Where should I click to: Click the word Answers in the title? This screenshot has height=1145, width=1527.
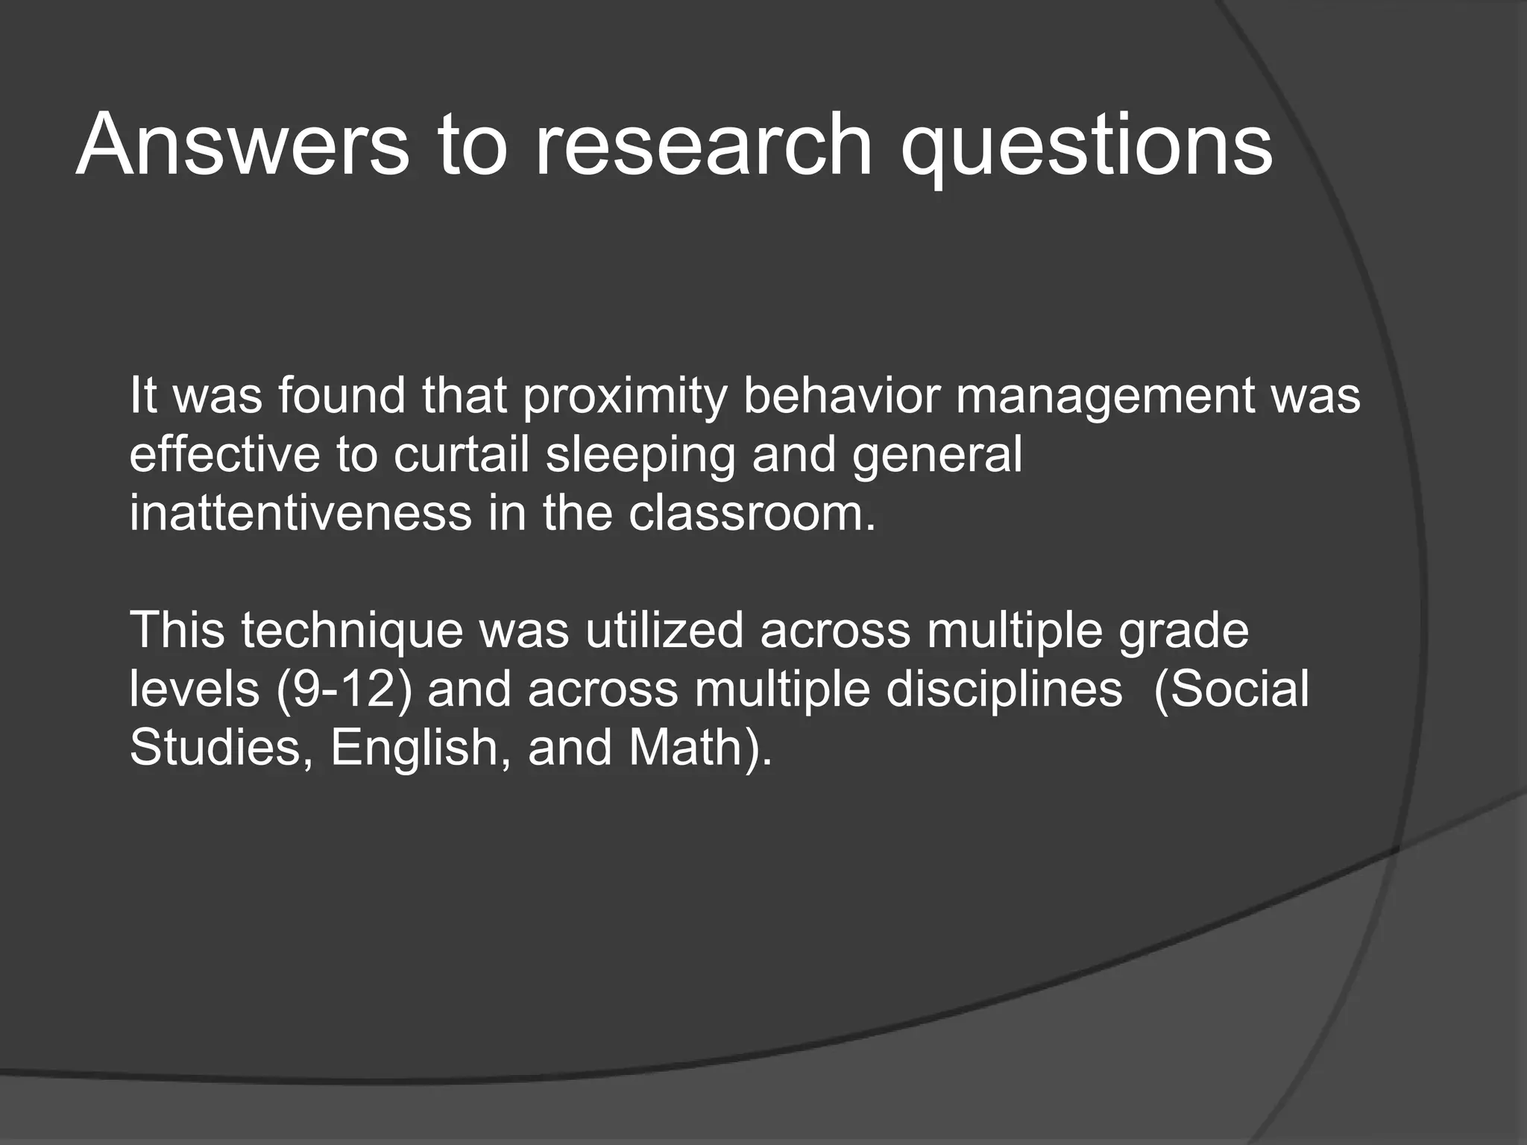click(x=242, y=143)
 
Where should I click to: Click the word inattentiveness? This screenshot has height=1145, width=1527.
click(x=300, y=514)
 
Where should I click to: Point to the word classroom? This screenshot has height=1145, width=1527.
click(x=752, y=514)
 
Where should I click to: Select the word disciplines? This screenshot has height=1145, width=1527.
click(x=1003, y=690)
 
